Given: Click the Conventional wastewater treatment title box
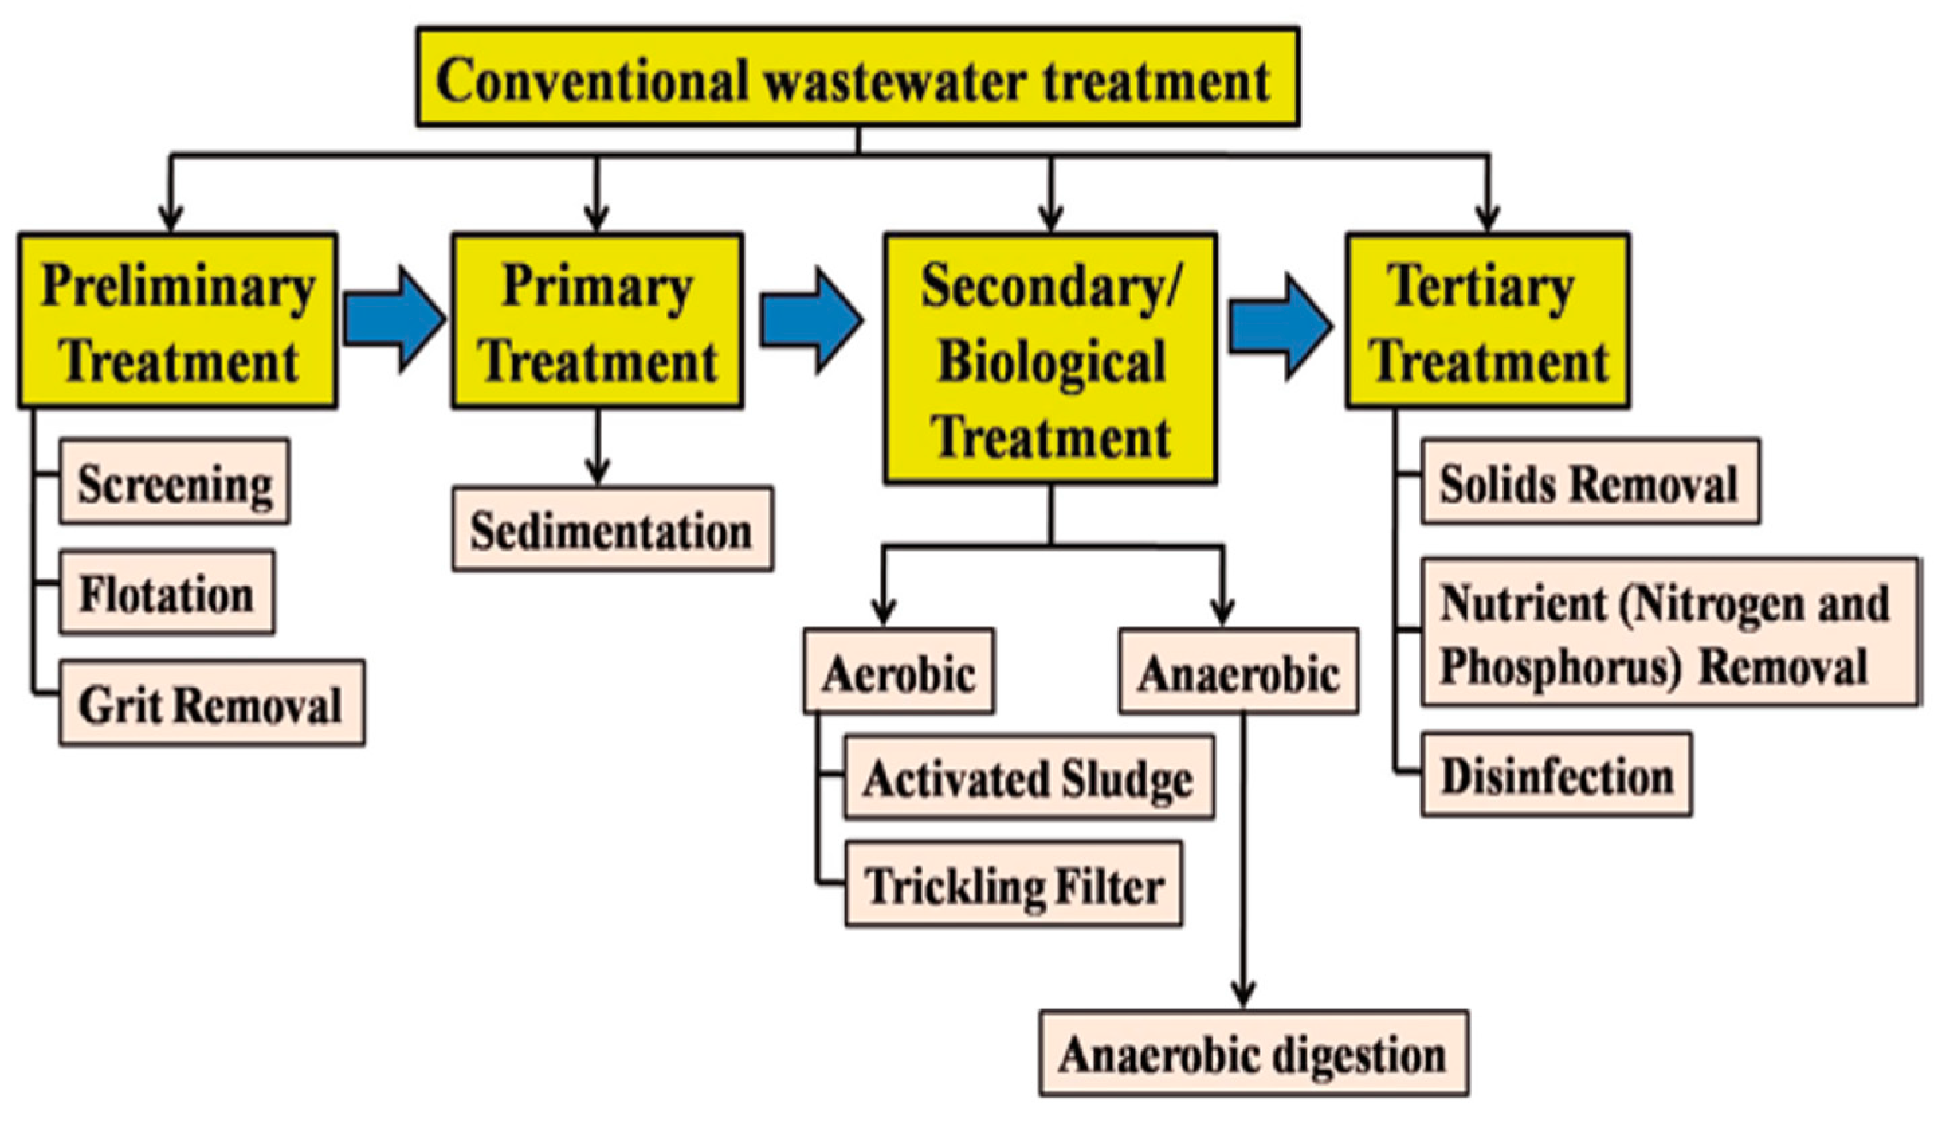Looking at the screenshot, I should [x=858, y=77].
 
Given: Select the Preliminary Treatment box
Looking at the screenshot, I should [x=178, y=320].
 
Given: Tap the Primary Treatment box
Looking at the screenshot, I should [x=597, y=320].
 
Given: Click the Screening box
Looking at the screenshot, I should [x=174, y=482].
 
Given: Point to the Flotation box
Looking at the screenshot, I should [x=167, y=592].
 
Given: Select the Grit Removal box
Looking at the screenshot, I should [x=211, y=702].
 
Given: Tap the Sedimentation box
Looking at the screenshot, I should [x=612, y=529].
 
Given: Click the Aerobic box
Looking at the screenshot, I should [x=899, y=671].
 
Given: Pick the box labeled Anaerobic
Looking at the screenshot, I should [x=1238, y=671].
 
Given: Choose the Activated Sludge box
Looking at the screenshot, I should [x=1029, y=777].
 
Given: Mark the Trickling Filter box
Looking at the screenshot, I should [x=1013, y=884].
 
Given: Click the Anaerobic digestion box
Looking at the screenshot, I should [x=1254, y=1053].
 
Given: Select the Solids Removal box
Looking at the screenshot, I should [x=1590, y=482].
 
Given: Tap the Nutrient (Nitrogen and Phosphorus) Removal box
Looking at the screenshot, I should [x=1668, y=631].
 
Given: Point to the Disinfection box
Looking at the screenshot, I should [x=1556, y=774].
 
